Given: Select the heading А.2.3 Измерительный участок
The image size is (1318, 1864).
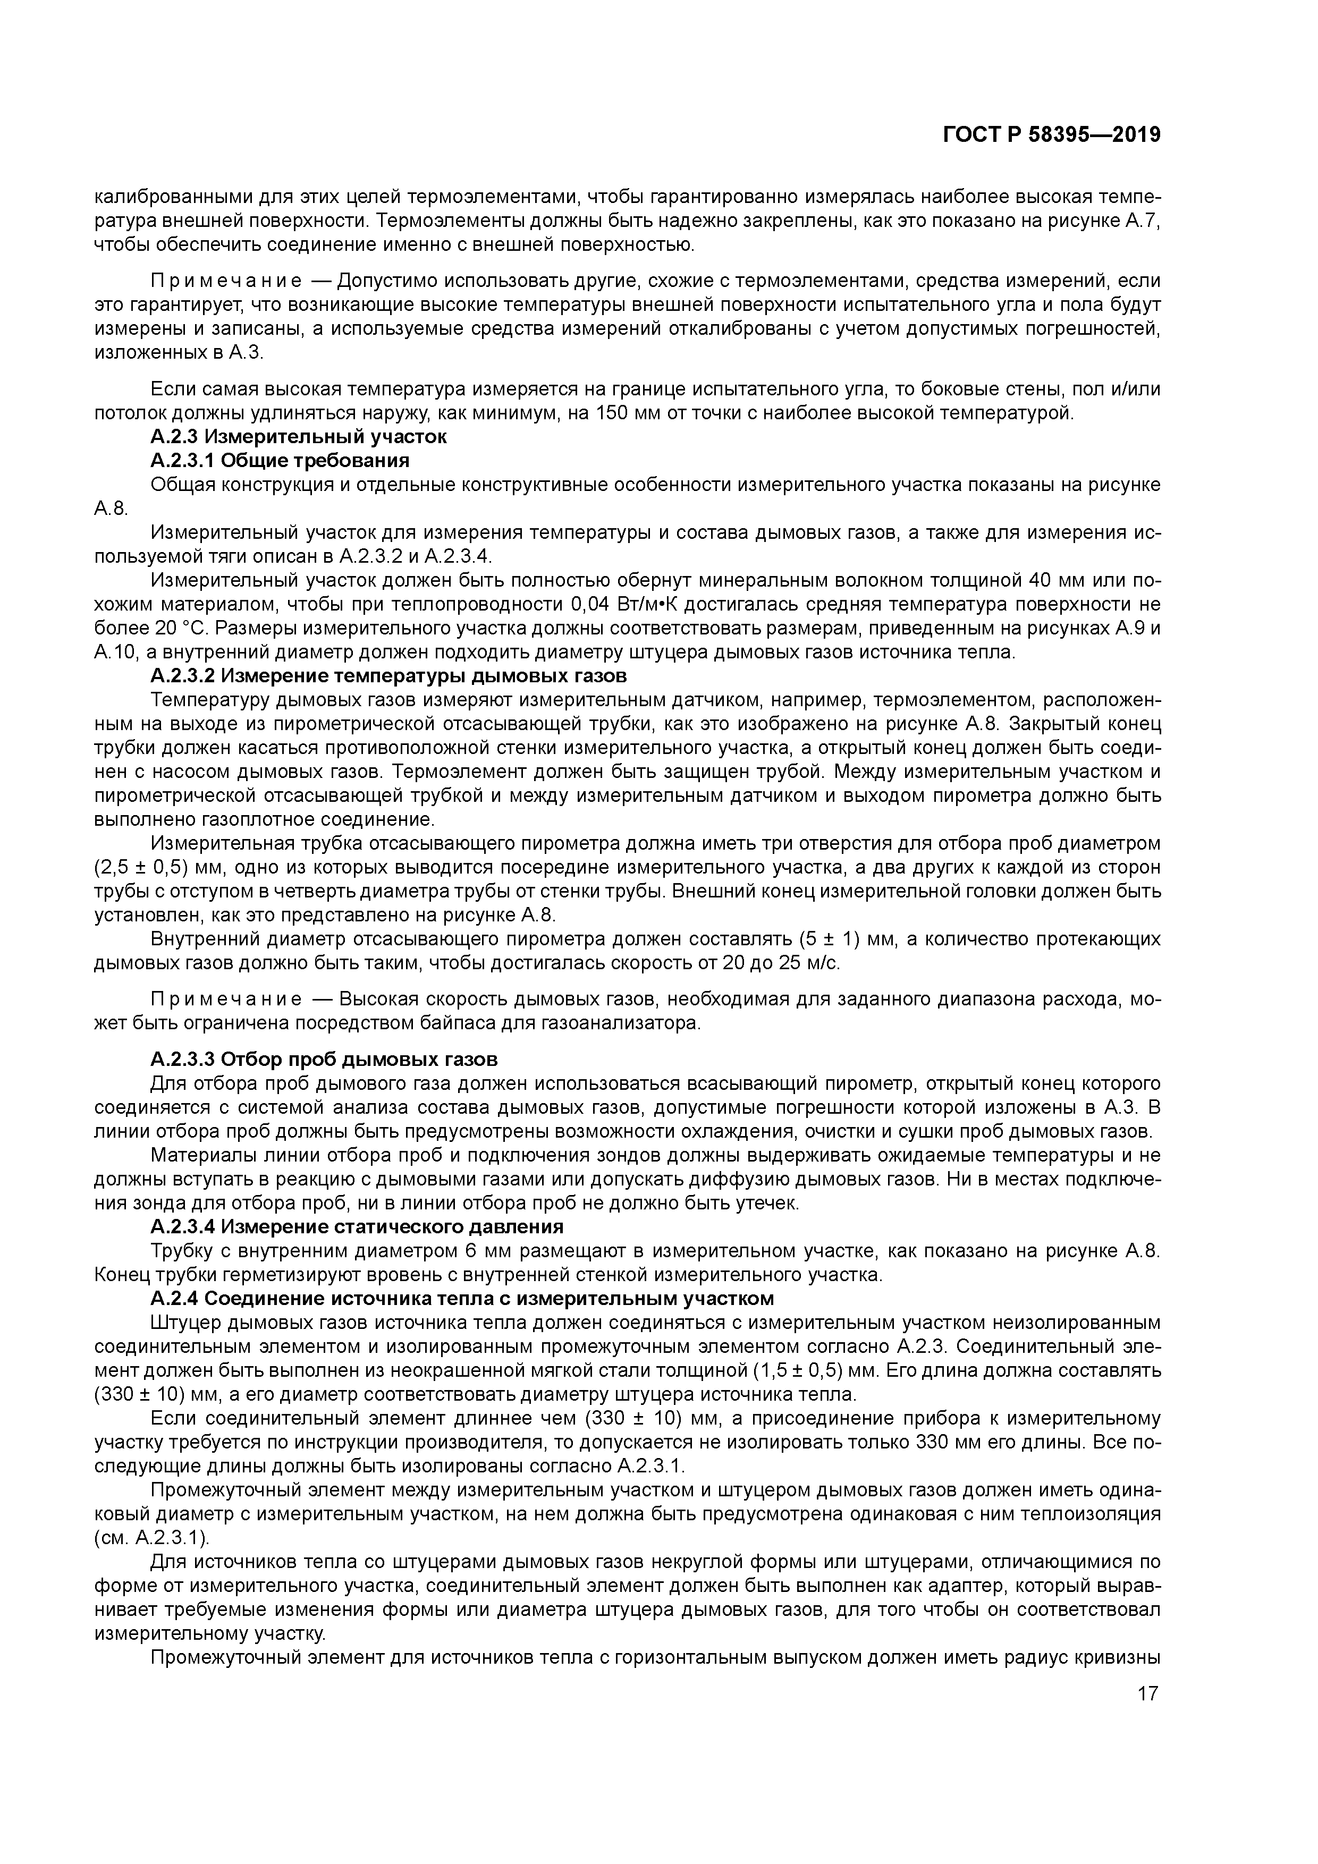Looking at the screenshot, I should click(x=298, y=437).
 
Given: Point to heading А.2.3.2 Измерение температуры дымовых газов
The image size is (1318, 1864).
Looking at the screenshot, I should click(x=388, y=675).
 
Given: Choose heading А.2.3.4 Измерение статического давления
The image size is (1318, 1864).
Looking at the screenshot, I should click(x=357, y=1227).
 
